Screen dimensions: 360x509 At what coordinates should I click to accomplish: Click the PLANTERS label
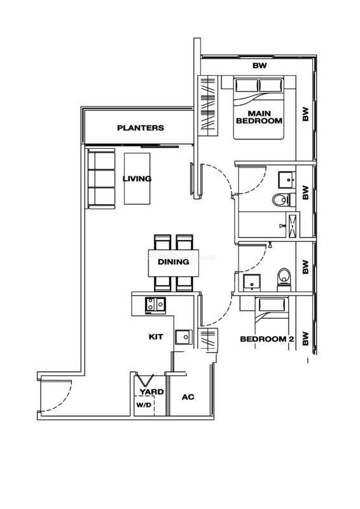[x=140, y=128]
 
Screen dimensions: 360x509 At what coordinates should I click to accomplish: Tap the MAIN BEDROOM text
[x=259, y=117]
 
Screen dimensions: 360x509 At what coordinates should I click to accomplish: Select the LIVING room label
[x=137, y=179]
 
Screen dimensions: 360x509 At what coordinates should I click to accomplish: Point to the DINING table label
[x=174, y=261]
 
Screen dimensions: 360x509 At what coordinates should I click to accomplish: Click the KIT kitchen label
[x=156, y=337]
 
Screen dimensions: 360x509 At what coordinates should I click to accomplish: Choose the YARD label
[x=151, y=391]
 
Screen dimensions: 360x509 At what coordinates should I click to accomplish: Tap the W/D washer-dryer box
[x=144, y=406]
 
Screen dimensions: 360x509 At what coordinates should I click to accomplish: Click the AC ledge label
[x=188, y=396]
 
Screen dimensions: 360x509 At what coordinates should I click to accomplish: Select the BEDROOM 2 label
[x=267, y=339]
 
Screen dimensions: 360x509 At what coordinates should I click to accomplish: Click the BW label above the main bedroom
[x=260, y=66]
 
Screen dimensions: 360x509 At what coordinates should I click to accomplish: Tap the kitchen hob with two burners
[x=155, y=305]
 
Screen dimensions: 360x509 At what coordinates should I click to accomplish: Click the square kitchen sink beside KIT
[x=184, y=337]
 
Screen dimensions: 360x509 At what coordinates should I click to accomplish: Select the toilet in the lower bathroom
[x=284, y=279]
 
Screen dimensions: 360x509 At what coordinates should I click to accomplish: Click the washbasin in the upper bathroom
[x=287, y=180]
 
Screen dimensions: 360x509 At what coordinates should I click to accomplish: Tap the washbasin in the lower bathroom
[x=252, y=282]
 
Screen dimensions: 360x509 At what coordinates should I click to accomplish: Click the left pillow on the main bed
[x=247, y=85]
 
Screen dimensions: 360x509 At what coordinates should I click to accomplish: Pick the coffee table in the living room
[x=137, y=179]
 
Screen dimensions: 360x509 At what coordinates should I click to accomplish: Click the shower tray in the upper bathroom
[x=293, y=225]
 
